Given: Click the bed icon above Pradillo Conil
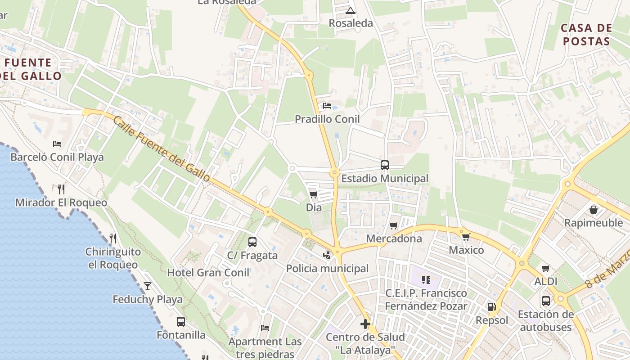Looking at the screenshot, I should (x=327, y=106).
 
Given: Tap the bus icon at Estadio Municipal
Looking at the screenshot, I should (x=384, y=165).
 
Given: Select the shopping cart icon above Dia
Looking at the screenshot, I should (x=313, y=194).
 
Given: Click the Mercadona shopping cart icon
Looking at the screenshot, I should (x=394, y=225).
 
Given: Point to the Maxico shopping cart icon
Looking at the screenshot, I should (x=466, y=237).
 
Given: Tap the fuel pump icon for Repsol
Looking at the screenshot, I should (x=491, y=307).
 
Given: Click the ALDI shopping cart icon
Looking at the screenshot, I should (x=546, y=269).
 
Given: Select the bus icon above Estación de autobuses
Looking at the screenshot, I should (x=546, y=301).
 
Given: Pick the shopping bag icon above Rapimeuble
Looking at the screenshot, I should (x=594, y=210).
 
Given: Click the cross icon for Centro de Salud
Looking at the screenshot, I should (x=365, y=324).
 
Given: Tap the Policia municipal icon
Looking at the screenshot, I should (x=327, y=255).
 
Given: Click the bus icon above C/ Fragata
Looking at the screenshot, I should (x=252, y=242).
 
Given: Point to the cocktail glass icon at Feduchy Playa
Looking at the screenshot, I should (x=147, y=286).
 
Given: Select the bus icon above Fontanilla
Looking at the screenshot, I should (x=180, y=321).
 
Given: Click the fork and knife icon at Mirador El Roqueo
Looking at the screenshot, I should (x=61, y=189).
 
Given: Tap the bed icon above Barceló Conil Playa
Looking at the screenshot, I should (x=57, y=144).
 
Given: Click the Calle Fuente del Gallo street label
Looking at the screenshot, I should (x=162, y=149).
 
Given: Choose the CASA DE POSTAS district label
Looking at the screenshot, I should (x=586, y=35).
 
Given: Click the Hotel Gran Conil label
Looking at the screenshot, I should (x=208, y=273).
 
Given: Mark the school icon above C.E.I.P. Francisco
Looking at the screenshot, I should (x=426, y=280).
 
